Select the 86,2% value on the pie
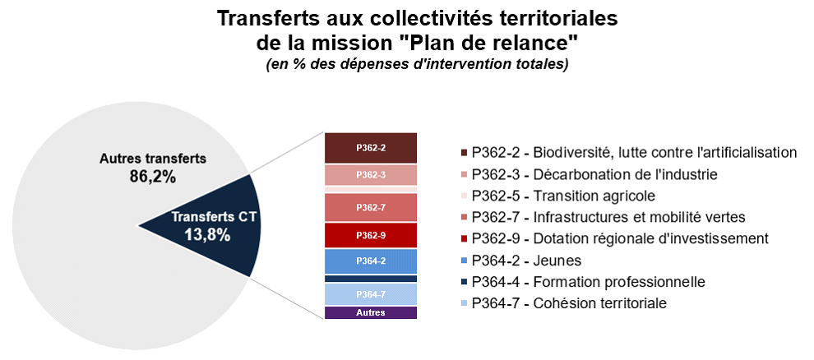click(152, 177)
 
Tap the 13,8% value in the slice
click(207, 235)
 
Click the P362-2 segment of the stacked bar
click(371, 148)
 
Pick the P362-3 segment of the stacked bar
click(371, 175)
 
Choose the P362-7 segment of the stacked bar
click(371, 207)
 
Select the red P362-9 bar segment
click(371, 235)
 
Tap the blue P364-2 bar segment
click(371, 261)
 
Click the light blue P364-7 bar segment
click(371, 294)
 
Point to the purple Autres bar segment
click(371, 313)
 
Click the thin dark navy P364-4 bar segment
click(371, 279)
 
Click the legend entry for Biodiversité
click(628, 153)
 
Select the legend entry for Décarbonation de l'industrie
click(589, 175)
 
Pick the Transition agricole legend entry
click(557, 196)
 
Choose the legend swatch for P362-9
click(464, 239)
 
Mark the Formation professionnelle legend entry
click(582, 282)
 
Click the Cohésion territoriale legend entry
click(563, 303)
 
